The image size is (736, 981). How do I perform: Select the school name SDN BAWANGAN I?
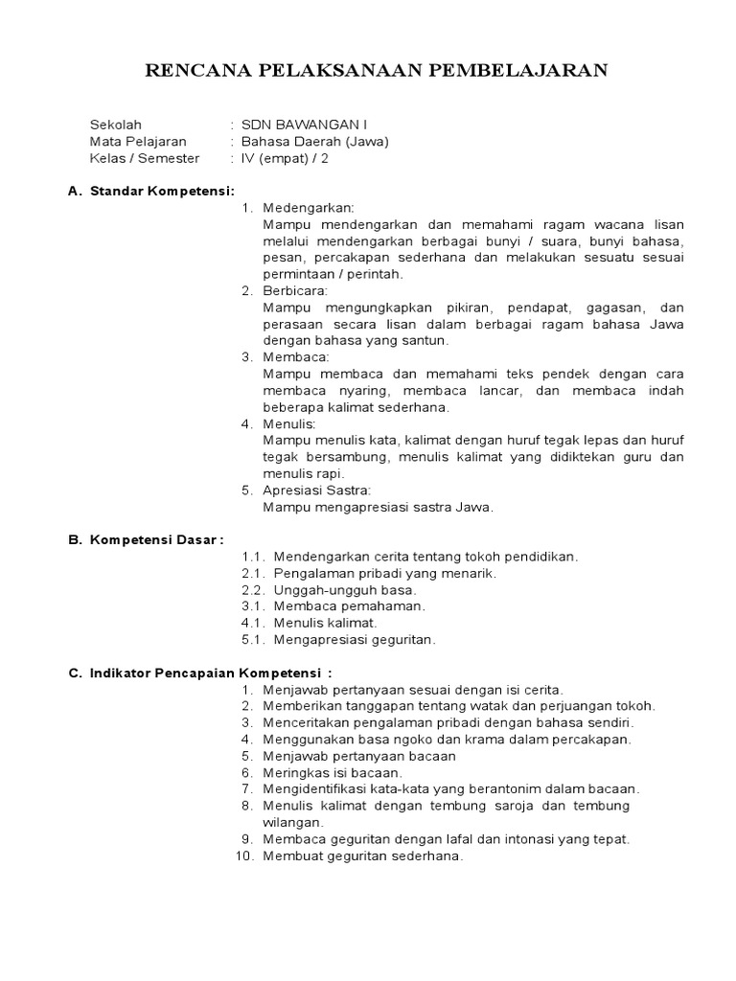[x=303, y=125]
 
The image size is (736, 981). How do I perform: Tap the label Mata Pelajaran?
[x=138, y=142]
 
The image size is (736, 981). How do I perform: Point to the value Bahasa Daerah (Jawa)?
[x=315, y=142]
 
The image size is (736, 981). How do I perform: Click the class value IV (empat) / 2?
[x=285, y=159]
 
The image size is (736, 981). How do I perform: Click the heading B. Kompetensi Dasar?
[x=146, y=539]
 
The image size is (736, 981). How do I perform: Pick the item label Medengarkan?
[x=309, y=208]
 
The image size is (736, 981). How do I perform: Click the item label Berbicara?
[x=295, y=290]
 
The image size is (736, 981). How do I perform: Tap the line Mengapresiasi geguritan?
[x=355, y=639]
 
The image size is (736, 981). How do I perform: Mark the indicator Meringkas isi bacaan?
[x=333, y=772]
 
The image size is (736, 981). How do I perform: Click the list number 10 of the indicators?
[x=243, y=856]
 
